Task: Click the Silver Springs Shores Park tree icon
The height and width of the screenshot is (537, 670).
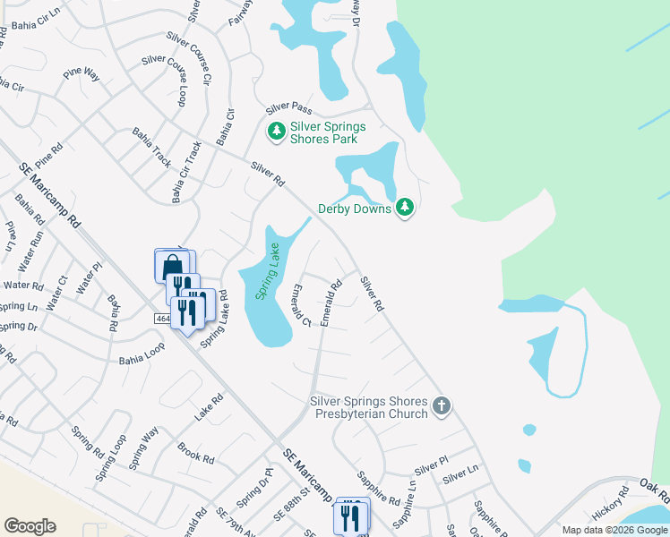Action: click(x=277, y=132)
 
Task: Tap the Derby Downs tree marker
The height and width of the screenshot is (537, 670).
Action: click(x=406, y=208)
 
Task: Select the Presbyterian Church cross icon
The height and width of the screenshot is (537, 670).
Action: click(x=441, y=407)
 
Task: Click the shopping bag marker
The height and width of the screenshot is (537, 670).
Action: click(x=171, y=265)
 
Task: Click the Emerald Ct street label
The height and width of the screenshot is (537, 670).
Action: click(x=300, y=305)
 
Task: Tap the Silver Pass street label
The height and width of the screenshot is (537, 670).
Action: click(x=287, y=109)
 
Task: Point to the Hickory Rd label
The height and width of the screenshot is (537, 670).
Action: click(x=612, y=506)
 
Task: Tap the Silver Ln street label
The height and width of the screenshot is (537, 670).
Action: click(x=461, y=472)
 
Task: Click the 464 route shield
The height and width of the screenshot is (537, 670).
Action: click(x=161, y=319)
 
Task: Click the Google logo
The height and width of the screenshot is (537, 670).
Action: click(x=30, y=526)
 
